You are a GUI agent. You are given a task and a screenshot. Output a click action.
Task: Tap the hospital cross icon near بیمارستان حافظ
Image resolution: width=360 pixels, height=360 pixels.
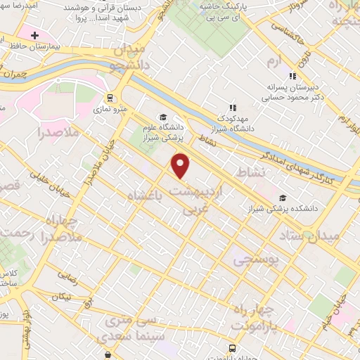click(x=34, y=34)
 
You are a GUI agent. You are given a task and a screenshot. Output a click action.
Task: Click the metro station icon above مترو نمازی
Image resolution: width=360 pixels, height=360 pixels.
click(x=109, y=98)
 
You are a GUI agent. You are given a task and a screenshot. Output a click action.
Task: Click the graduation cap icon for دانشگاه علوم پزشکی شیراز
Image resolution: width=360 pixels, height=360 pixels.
click(x=162, y=117)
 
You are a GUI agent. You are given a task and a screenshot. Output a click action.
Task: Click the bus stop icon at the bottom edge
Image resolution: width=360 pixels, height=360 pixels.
click(x=233, y=348)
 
